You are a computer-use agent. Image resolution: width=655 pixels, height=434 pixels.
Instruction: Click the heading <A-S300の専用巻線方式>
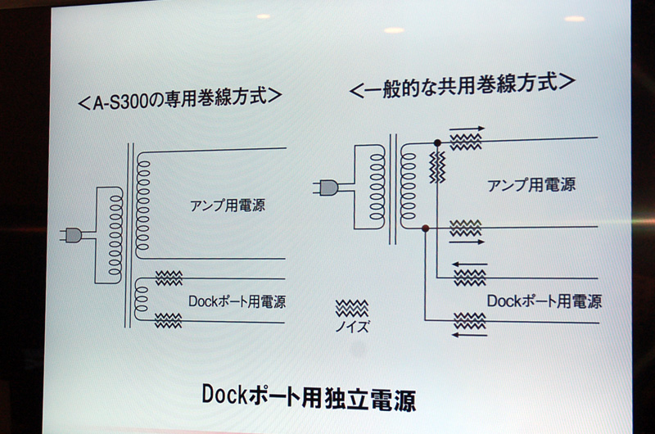tap(180, 99)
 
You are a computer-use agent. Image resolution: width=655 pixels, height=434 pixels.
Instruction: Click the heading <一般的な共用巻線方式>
tap(463, 85)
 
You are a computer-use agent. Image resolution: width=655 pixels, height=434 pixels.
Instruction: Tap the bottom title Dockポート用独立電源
tap(309, 397)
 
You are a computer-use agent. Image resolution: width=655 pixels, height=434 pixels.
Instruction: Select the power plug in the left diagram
tap(71, 236)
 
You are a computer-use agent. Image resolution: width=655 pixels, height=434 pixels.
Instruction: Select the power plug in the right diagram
tap(325, 188)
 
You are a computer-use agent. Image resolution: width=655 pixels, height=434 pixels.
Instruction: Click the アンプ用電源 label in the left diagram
tap(228, 205)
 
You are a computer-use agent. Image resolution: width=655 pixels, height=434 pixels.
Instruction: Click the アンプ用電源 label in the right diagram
tap(531, 184)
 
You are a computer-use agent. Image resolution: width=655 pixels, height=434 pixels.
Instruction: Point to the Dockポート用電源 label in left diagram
tap(237, 301)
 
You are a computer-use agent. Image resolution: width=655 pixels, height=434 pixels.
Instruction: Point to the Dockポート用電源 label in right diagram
tap(544, 301)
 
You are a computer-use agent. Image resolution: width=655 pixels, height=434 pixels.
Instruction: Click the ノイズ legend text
tap(352, 326)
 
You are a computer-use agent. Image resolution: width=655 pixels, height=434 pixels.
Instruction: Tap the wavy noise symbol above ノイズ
tap(352, 308)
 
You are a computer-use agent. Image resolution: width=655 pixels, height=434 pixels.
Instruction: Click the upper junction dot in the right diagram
tap(437, 142)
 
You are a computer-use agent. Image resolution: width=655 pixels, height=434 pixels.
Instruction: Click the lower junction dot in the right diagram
tap(425, 228)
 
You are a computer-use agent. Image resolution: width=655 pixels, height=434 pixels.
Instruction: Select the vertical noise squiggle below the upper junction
tap(437, 167)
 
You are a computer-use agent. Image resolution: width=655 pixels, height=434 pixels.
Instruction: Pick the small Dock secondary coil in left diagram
tap(141, 300)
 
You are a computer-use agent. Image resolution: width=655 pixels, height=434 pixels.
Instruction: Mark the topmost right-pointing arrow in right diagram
tap(467, 129)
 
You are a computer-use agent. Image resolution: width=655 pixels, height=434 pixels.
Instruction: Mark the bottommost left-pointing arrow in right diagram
tap(469, 335)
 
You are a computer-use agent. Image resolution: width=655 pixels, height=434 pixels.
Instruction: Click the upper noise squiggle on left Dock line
tap(169, 278)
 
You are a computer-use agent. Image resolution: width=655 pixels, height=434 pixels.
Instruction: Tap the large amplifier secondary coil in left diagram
tap(142, 205)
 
